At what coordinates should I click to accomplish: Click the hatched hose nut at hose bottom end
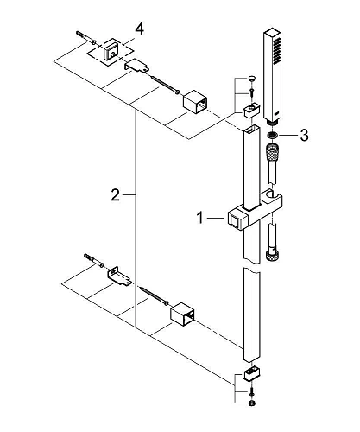[x=273, y=253]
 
